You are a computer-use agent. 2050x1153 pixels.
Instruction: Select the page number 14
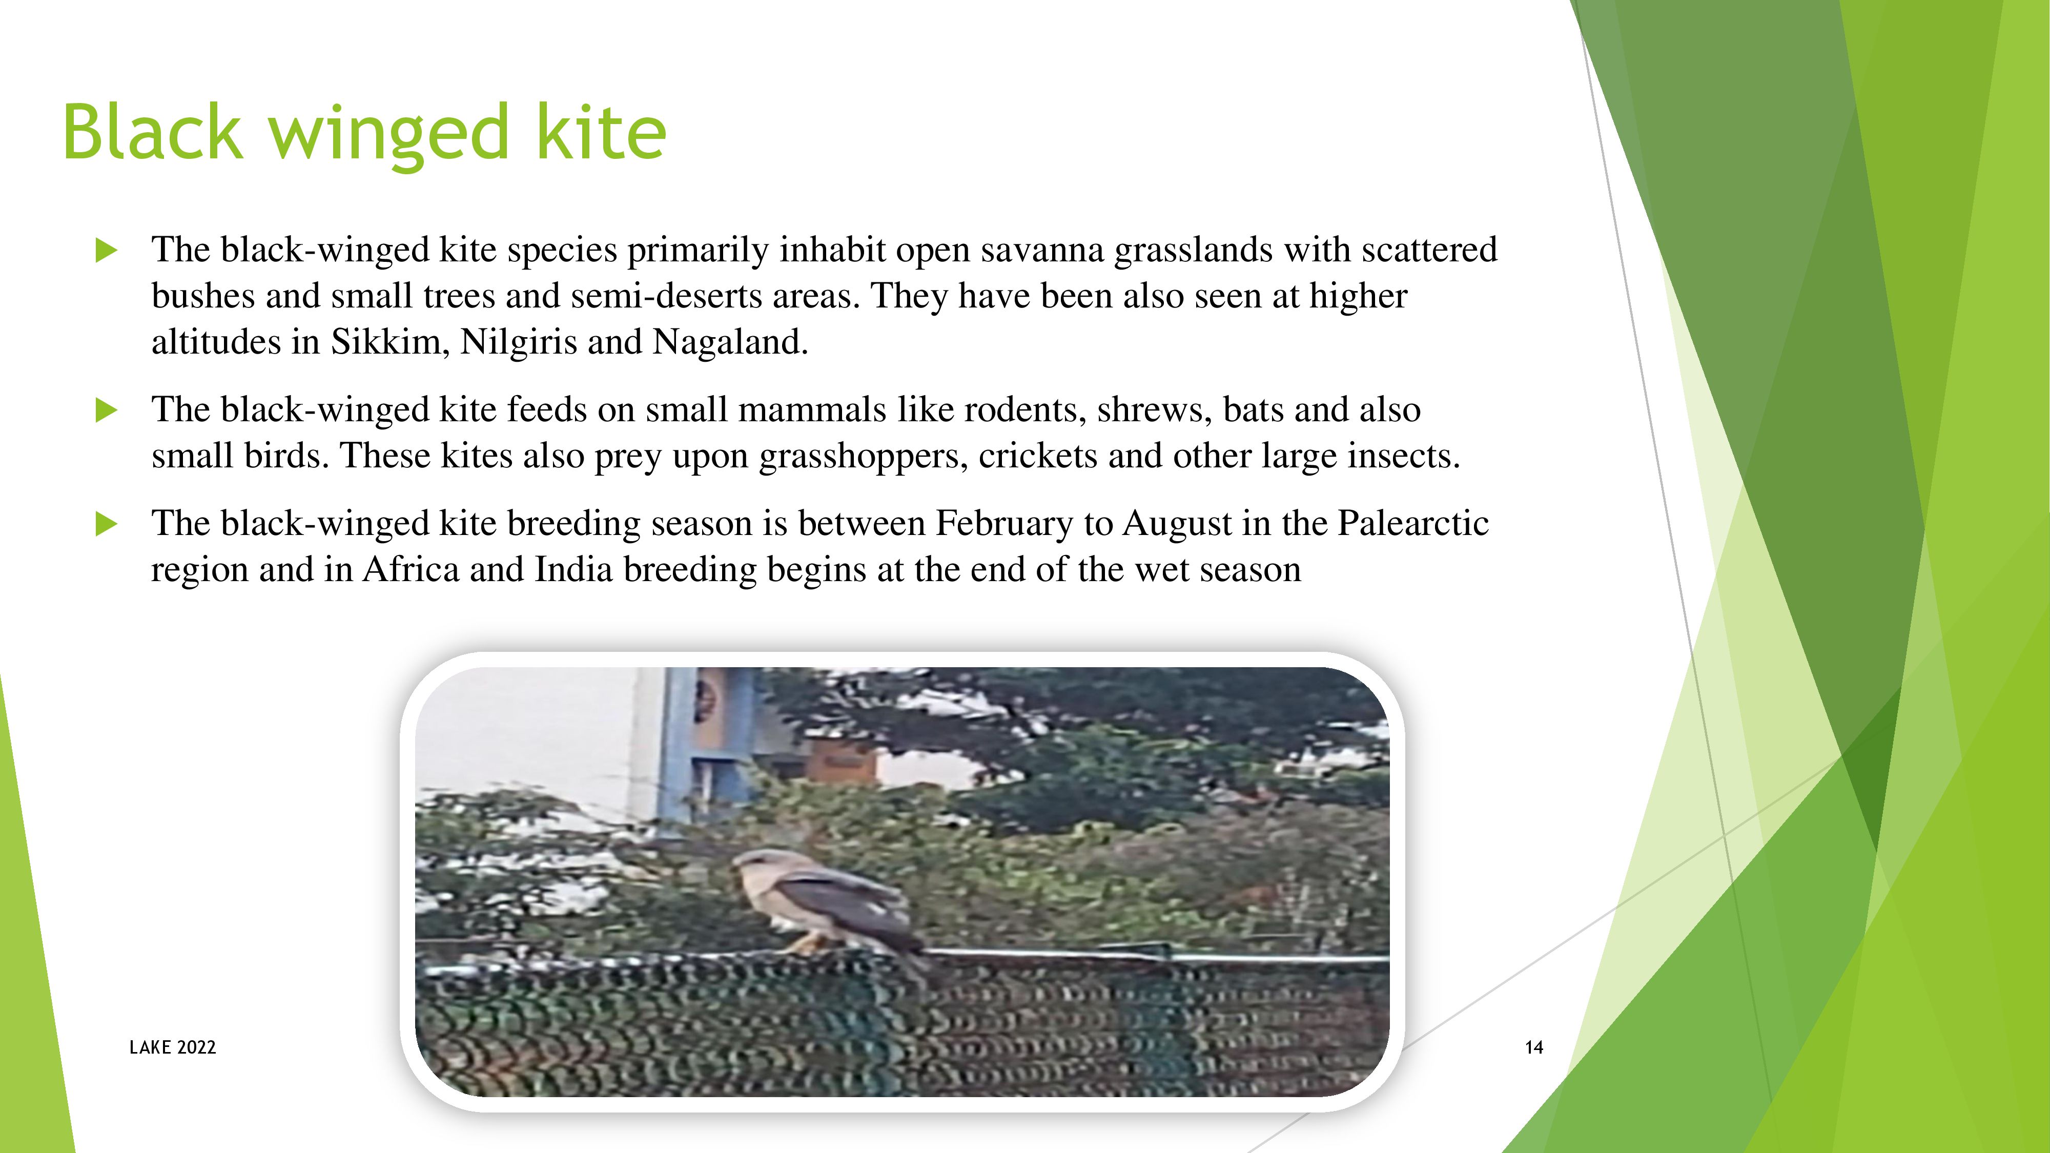tap(1533, 1047)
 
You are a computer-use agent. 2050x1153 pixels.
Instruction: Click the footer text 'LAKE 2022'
tap(173, 1047)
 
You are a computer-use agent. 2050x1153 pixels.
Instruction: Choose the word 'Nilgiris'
tap(519, 343)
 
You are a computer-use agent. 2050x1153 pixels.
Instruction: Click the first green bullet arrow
tap(106, 251)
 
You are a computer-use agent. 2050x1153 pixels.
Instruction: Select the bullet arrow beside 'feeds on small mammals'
tap(106, 410)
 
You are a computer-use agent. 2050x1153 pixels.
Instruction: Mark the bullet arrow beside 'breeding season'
tap(106, 524)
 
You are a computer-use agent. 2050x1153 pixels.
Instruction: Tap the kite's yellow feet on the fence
tap(805, 944)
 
